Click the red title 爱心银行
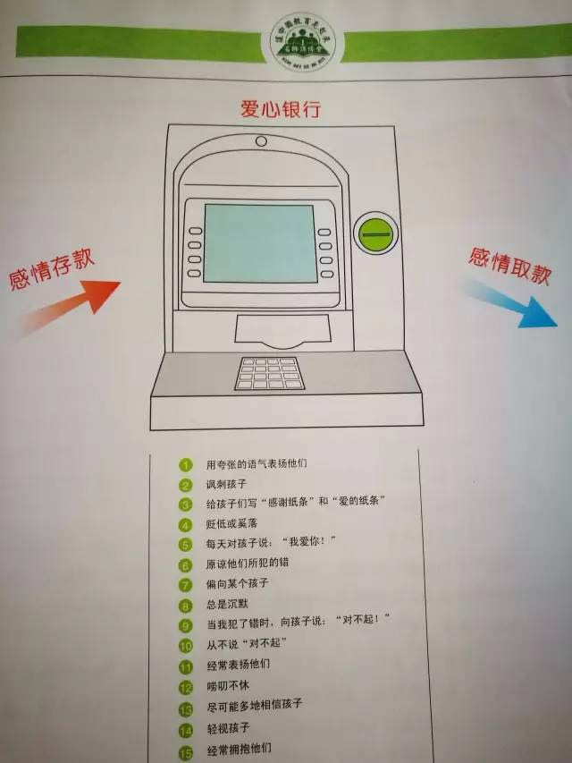[x=280, y=109]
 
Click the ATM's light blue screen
[x=259, y=242]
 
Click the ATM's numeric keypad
[x=269, y=373]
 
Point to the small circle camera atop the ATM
[x=261, y=141]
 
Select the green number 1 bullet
[x=186, y=465]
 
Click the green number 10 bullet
[x=186, y=645]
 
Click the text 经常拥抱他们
[x=238, y=748]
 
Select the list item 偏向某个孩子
[x=237, y=583]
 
